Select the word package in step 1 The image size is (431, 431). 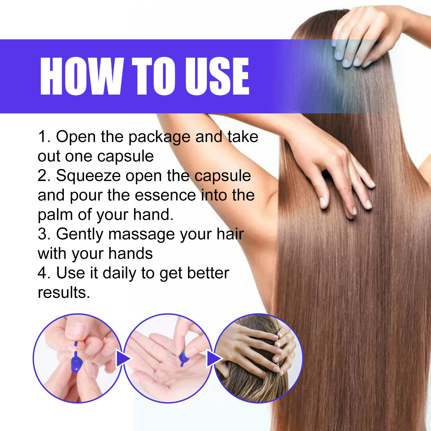[x=160, y=138]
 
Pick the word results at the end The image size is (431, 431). [x=64, y=293]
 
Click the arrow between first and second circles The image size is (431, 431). [x=123, y=359]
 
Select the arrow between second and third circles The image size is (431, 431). [x=214, y=359]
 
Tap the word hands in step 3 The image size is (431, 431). [x=131, y=253]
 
